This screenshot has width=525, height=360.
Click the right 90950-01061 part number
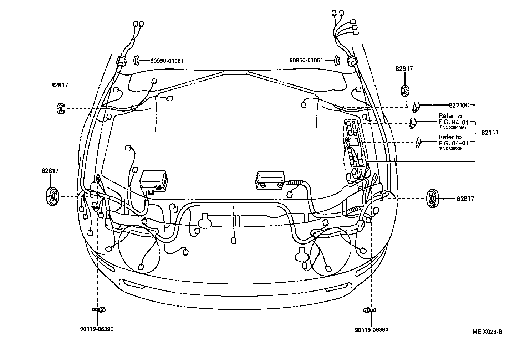(306, 61)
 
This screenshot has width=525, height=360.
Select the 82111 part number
(490, 133)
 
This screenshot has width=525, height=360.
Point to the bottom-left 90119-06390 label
(97, 329)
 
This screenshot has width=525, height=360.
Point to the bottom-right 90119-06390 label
(372, 330)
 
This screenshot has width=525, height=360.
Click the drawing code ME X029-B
(487, 332)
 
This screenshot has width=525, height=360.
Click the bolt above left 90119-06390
(100, 309)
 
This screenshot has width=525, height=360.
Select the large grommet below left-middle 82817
(52, 196)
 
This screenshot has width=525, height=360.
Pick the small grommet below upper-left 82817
(61, 108)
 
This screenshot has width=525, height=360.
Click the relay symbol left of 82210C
(416, 106)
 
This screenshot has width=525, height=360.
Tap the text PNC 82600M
(452, 127)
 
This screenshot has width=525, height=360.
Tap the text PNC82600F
(451, 148)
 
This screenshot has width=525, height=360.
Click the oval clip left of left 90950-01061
(137, 60)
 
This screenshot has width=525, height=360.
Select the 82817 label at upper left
(60, 85)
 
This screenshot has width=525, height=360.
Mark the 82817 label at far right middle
(465, 199)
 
